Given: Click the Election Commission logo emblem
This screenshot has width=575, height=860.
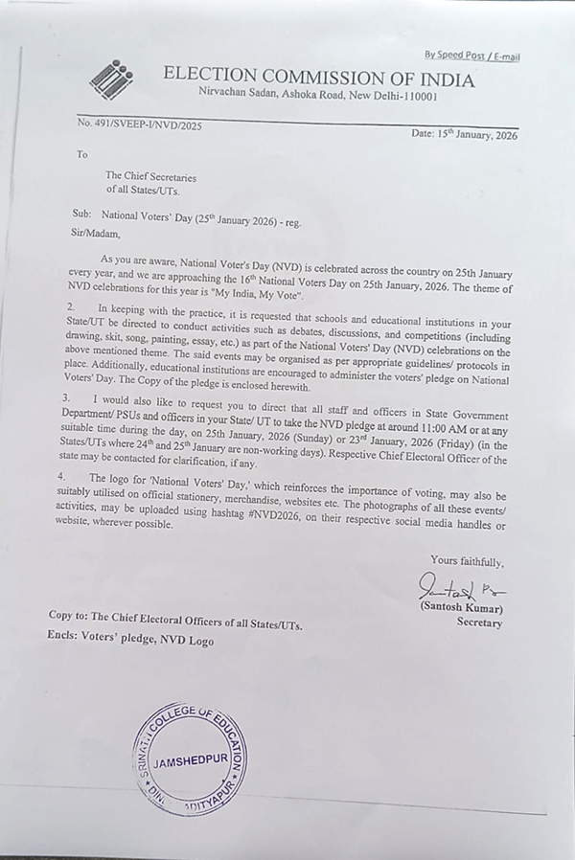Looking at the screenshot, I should pyautogui.click(x=111, y=79).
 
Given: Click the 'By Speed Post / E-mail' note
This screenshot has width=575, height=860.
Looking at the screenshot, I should pyautogui.click(x=471, y=57).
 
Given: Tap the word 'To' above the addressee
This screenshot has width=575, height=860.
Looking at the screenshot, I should pyautogui.click(x=81, y=154).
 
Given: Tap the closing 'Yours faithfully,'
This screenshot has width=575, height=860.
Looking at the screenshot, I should pyautogui.click(x=467, y=561).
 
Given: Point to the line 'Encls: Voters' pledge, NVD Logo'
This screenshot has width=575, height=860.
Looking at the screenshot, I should pyautogui.click(x=130, y=642).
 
